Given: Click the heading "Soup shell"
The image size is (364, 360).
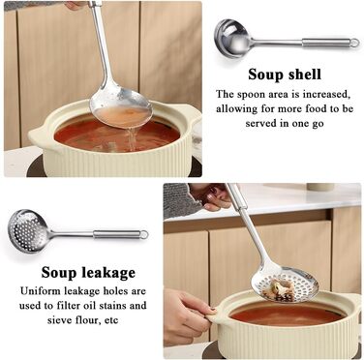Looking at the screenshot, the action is tap(285, 75).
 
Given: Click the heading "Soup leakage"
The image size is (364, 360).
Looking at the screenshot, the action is tap(88, 273).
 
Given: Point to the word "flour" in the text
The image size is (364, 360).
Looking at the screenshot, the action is tap(86, 320).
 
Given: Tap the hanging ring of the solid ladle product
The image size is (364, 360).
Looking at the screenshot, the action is tap(354, 43).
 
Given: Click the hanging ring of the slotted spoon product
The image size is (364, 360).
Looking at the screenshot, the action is tap(144, 234).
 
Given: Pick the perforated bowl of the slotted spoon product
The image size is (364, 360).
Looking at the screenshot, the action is tap(28, 230).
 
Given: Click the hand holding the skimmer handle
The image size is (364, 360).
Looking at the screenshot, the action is tap(212, 196).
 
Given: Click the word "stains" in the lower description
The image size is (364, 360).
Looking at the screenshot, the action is tap(110, 305).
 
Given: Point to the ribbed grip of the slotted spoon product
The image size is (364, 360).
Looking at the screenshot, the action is tap(116, 234).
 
